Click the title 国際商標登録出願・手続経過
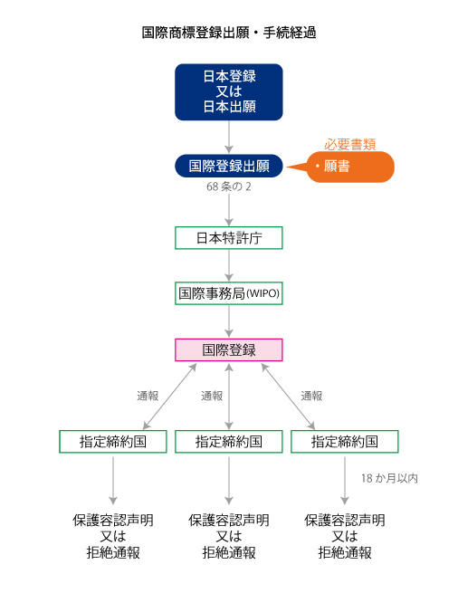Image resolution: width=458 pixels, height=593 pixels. coord(229,33)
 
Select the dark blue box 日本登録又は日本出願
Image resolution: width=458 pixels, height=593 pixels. coord(229,92)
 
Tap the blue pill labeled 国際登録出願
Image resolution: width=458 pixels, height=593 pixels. coord(229,166)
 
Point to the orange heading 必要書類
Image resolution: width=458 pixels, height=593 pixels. coord(349,144)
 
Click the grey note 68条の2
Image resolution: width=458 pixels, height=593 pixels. coord(229,187)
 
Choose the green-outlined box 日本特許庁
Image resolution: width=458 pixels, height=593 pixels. coord(229,238)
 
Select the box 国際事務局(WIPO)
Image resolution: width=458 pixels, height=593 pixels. coord(229,293)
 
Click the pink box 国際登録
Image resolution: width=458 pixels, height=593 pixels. coord(229,349)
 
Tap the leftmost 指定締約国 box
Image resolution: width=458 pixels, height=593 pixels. coord(113,441)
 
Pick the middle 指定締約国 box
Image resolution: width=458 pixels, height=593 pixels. coord(229,441)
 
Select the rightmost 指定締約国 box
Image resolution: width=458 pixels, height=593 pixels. coord(345,441)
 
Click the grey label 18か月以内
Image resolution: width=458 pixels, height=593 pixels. coord(389,478)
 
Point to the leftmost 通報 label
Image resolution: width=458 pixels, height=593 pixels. coord(148,396)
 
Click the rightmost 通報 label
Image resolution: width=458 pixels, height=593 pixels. coord(311,396)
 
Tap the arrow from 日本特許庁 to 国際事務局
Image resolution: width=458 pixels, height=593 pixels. coord(229,265)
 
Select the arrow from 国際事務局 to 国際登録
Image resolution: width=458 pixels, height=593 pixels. coord(229,321)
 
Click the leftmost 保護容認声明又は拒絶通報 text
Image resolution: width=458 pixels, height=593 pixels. coord(113,536)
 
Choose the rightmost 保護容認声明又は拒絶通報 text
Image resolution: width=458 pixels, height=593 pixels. coord(345,536)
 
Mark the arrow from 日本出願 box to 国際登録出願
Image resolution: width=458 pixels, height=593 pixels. coord(229,138)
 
